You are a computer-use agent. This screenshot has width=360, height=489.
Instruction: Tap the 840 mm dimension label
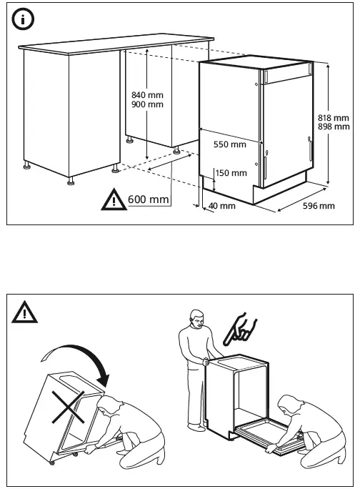click(x=148, y=95)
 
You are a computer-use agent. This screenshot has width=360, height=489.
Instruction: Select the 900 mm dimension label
click(x=148, y=105)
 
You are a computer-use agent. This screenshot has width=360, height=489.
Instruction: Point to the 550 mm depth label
click(x=230, y=144)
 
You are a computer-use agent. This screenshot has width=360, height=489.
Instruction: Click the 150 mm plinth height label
click(x=231, y=173)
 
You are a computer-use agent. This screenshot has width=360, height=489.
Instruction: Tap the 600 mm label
click(x=148, y=199)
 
